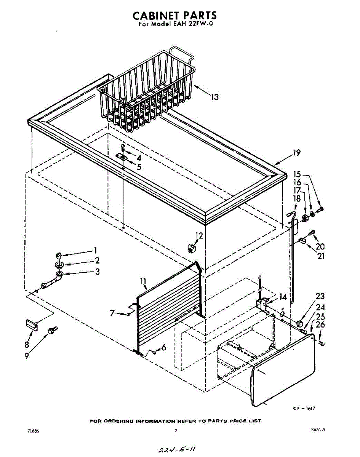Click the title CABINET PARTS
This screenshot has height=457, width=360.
[175, 16]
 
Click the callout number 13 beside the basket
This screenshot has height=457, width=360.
[215, 97]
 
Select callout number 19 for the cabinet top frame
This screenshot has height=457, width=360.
[296, 153]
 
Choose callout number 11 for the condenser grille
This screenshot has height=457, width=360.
[143, 282]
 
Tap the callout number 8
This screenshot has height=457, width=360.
[26, 345]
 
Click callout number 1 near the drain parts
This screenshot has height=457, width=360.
[95, 250]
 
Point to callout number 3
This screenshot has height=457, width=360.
[98, 272]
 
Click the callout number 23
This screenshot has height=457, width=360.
[320, 296]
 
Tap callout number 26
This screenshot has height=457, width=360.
[321, 325]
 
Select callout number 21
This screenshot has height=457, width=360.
[321, 256]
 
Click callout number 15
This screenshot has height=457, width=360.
[297, 174]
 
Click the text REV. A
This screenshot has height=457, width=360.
[318, 429]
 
